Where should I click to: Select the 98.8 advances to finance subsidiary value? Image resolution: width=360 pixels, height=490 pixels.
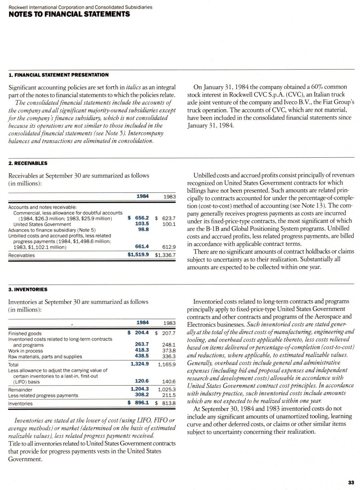[142, 229]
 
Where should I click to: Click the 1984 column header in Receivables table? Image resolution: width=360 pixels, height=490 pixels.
[143, 196]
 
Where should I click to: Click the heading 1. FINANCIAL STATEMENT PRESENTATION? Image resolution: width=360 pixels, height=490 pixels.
[58, 74]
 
